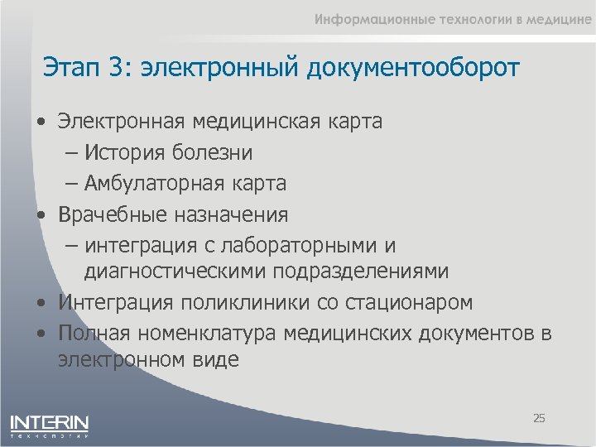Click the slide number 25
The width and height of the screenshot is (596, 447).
tap(539, 419)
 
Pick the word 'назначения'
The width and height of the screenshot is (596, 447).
tap(231, 215)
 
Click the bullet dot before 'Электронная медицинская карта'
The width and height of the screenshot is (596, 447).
tap(41, 123)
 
